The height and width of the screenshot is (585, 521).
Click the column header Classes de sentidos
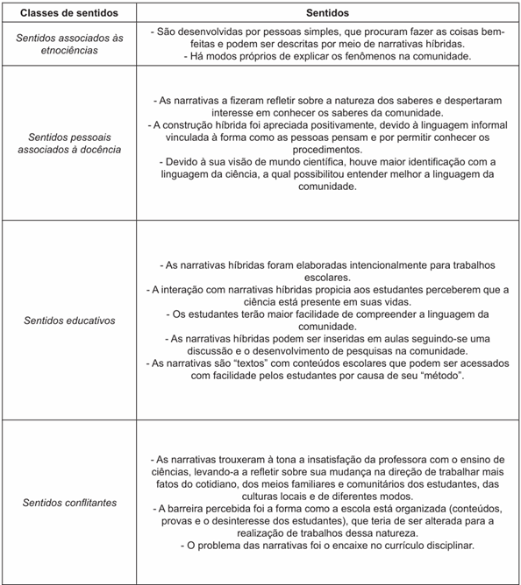pos(61,14)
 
